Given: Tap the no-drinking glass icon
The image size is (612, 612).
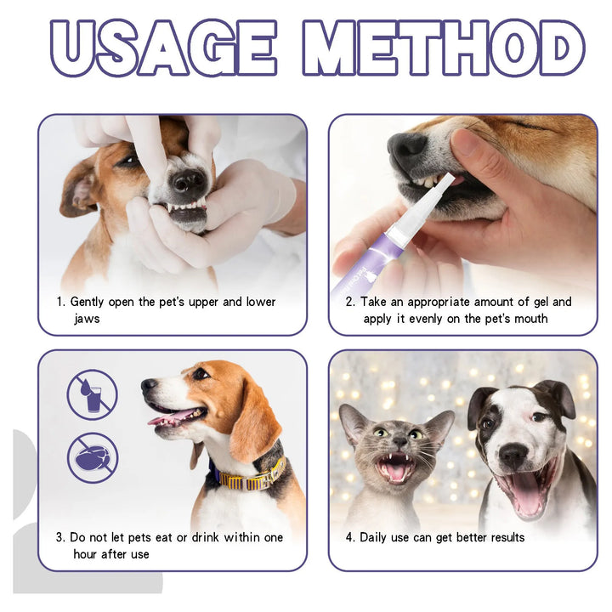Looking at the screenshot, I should tap(93, 394).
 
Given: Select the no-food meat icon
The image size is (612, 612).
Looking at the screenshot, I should tap(93, 458).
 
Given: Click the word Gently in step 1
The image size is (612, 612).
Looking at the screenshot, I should tap(91, 302).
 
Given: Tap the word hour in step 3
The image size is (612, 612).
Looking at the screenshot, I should tap(90, 554).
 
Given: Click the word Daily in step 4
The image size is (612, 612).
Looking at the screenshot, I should tap(377, 537).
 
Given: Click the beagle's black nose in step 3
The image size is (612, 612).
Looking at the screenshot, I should tap(149, 385).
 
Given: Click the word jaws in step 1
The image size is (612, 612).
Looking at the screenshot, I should tap(86, 319).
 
